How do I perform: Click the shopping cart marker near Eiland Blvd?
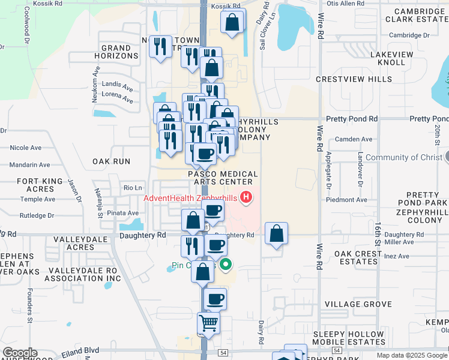click(209, 323)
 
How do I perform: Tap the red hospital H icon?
click(246, 197)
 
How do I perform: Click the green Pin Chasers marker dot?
click(226, 264)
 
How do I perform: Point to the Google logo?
click(19, 353)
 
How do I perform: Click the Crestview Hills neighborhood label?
click(354, 79)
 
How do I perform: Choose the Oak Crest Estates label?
click(358, 257)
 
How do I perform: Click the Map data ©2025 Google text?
click(411, 355)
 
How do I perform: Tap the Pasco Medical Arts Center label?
click(223, 178)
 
